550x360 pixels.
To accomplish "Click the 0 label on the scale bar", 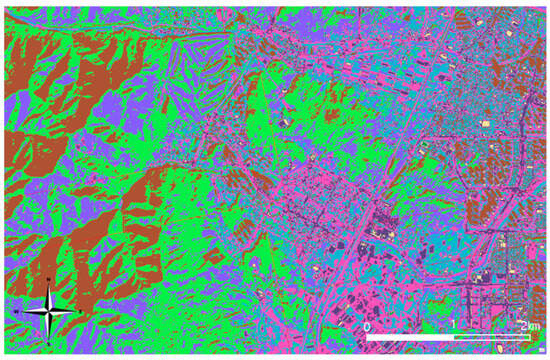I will (x=367, y=327).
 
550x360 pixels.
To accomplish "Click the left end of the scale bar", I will (x=366, y=338).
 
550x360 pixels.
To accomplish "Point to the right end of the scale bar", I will (x=529, y=338).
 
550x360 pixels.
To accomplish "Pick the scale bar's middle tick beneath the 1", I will (x=452, y=338).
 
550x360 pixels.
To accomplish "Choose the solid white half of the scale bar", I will (x=409, y=338).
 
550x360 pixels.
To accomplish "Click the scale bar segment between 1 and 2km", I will (x=490, y=338).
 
